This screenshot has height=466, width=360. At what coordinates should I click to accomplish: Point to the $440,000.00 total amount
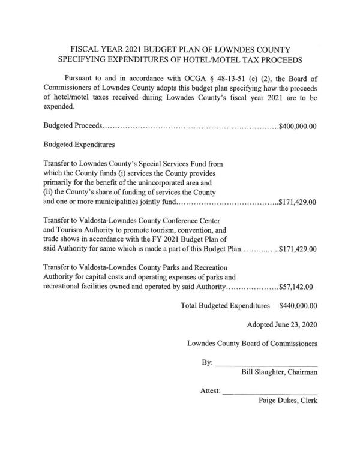pos(298,305)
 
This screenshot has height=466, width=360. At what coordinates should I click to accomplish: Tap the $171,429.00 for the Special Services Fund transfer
pos(298,202)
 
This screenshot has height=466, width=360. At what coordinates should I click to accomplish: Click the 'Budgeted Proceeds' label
pos(71,127)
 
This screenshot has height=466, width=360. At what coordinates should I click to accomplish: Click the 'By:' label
pos(207,363)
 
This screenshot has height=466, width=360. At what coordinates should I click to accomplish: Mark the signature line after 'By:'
pos(266,366)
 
